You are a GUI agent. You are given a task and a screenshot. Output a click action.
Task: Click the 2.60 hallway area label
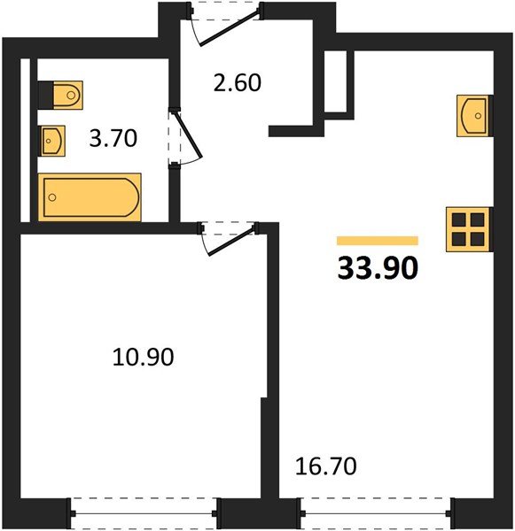[x=238, y=83]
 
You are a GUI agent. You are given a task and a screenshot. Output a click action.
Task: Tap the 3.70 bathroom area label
[x=113, y=138]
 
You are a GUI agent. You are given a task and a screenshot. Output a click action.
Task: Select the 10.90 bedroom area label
[x=144, y=357]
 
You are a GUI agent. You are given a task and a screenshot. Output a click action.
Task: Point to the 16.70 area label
[x=325, y=466]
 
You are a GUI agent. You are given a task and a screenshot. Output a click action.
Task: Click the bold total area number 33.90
[x=378, y=268]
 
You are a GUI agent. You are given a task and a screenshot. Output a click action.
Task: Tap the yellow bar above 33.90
[x=378, y=241]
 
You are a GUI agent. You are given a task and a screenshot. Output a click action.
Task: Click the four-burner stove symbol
[x=468, y=229]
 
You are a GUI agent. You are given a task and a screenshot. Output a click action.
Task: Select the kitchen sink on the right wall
[x=473, y=116]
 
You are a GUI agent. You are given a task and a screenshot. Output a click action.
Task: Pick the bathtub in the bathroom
[x=90, y=197]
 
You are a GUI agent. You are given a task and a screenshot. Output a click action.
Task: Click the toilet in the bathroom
[x=68, y=96]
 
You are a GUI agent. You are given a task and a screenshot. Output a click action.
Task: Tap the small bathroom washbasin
[x=53, y=141]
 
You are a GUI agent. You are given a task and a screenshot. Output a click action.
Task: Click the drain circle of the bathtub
[x=52, y=197]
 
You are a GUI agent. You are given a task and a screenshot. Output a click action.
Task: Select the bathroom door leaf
[x=188, y=135]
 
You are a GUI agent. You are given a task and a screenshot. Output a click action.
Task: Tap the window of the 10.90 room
[x=144, y=513]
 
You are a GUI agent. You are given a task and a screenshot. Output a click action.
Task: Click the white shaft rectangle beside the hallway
[x=335, y=81]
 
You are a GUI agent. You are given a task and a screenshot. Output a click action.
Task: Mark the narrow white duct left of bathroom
[x=25, y=140]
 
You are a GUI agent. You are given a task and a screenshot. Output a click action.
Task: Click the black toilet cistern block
[x=45, y=96]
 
